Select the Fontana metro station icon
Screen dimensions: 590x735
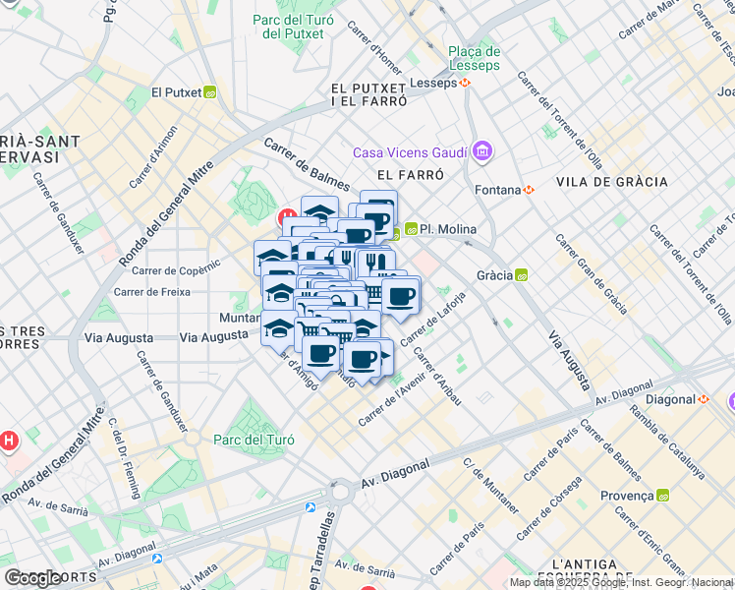point(529,190)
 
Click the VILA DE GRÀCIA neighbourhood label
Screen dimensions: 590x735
point(611,182)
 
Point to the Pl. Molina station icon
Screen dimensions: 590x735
point(411,229)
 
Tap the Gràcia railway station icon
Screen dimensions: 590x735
point(522,275)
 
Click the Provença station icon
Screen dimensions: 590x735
point(662,496)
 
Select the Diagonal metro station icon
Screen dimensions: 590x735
point(703,399)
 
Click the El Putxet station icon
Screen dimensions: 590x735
point(210,93)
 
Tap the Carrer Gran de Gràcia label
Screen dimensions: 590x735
point(591,273)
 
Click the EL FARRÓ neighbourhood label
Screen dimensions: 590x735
point(403,174)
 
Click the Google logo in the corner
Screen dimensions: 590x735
point(33,578)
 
